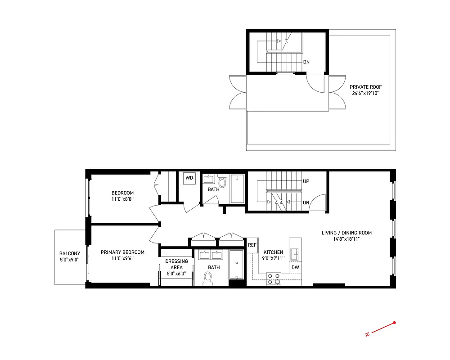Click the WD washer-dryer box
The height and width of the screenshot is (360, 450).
pyautogui.click(x=189, y=178)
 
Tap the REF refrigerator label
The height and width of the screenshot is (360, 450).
pyautogui.click(x=252, y=245)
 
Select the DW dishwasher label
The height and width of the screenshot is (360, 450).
pyautogui.click(x=295, y=267)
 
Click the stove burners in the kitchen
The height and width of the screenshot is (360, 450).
pyautogui.click(x=274, y=279)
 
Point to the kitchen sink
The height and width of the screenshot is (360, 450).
pyautogui.click(x=295, y=254)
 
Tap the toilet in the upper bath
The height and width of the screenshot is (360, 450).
pyautogui.click(x=222, y=182)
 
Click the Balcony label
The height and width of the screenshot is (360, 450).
pyautogui.click(x=70, y=253)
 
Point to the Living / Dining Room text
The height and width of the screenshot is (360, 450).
pyautogui.click(x=346, y=233)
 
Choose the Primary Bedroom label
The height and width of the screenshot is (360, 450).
pyautogui.click(x=122, y=252)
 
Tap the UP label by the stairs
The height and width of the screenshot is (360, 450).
pyautogui.click(x=306, y=182)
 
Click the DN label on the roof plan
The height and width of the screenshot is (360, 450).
pyautogui.click(x=306, y=62)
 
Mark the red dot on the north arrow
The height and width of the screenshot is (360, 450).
pyautogui.click(x=395, y=322)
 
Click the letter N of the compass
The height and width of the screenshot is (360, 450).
pyautogui.click(x=367, y=334)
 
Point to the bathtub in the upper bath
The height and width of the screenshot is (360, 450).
pyautogui.click(x=238, y=189)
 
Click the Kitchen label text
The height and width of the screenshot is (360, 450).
pyautogui.click(x=273, y=252)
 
